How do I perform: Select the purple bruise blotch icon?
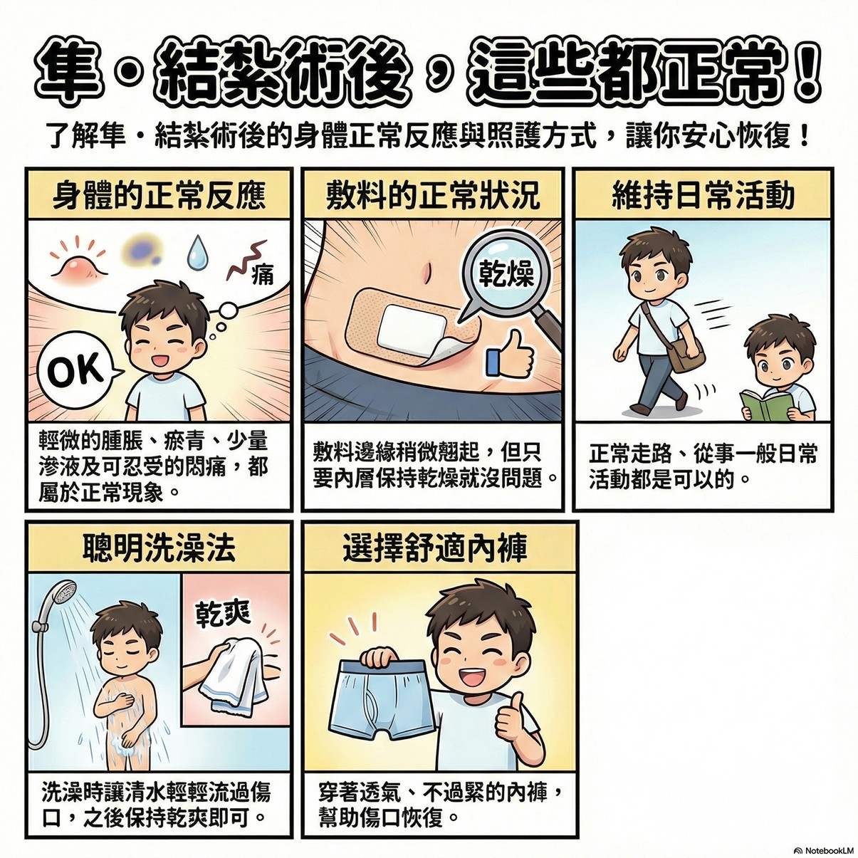click(142, 249)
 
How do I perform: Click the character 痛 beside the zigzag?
click(263, 274)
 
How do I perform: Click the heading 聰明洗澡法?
click(159, 548)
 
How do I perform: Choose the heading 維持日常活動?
click(703, 196)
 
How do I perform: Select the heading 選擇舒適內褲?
click(435, 548)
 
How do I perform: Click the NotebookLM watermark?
click(825, 850)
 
